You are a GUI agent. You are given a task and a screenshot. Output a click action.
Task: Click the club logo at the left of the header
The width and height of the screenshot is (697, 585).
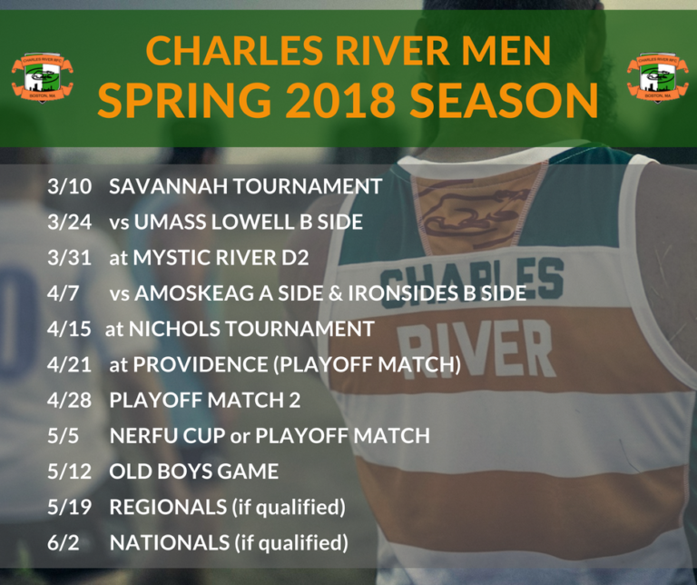click(43, 77)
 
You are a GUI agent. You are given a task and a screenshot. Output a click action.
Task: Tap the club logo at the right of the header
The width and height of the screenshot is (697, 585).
click(657, 77)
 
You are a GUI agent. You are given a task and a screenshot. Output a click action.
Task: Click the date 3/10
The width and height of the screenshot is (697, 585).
click(69, 186)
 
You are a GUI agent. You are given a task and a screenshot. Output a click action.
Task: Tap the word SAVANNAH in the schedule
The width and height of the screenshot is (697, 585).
click(169, 186)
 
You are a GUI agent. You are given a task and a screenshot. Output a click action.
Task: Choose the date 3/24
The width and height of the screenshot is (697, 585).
click(69, 222)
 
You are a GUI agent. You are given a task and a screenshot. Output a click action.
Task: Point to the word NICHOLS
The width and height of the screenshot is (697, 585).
click(174, 329)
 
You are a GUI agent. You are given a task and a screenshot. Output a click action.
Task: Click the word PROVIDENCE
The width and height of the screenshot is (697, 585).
click(201, 364)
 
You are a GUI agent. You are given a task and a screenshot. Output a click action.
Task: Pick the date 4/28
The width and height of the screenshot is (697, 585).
click(69, 400)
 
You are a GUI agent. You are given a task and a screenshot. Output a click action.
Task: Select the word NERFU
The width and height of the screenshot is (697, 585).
click(143, 435)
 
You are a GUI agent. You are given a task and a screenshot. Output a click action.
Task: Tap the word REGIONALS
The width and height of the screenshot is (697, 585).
click(168, 507)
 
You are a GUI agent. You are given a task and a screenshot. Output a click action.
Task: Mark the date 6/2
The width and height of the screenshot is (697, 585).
click(64, 542)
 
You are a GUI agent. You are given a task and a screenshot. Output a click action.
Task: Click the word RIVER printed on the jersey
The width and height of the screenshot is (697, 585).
click(474, 347)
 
